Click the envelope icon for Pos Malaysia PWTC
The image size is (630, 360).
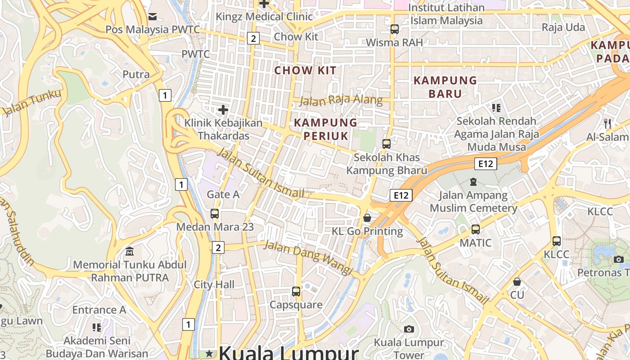click(x=153, y=17)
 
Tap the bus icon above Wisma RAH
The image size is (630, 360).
click(x=395, y=29)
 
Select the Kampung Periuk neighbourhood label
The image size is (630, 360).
click(x=325, y=129)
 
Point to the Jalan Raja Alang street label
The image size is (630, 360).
click(x=341, y=100)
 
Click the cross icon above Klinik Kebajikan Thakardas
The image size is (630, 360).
click(x=223, y=109)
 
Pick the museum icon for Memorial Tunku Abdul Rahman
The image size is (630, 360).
click(x=130, y=251)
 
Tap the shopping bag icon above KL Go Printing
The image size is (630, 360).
click(x=367, y=218)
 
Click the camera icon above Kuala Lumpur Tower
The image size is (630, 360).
click(x=409, y=329)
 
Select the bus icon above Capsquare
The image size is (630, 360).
click(x=296, y=291)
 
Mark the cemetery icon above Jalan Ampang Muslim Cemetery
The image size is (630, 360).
click(x=473, y=182)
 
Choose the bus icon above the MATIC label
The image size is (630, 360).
click(x=475, y=229)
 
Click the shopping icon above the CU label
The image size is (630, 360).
click(x=517, y=282)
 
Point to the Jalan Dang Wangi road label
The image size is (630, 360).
click(x=308, y=257)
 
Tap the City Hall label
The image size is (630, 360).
click(x=214, y=284)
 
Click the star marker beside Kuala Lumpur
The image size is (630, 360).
click(x=209, y=354)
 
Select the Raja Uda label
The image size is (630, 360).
click(x=563, y=27)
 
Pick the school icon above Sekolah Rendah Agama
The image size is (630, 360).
click(x=496, y=108)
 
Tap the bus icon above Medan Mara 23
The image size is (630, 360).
click(x=215, y=214)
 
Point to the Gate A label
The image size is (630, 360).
click(x=223, y=194)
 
